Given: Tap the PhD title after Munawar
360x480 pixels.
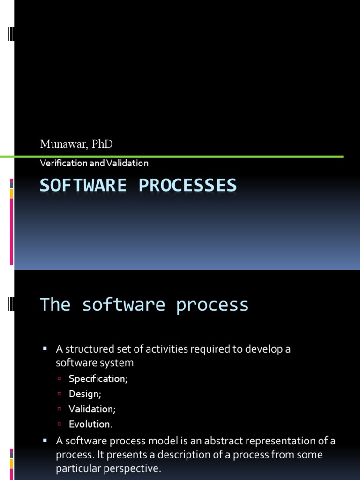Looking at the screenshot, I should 102,144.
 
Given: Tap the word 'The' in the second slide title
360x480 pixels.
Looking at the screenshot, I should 55,305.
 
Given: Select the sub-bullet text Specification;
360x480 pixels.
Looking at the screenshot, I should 98,379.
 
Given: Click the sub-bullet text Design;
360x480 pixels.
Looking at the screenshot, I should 85,394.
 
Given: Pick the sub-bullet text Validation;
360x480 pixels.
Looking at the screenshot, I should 92,409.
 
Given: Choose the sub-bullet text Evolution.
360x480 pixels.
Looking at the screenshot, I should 90,424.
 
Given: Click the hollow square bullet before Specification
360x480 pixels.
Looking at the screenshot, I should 60,379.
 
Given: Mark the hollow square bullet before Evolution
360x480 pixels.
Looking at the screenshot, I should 60,424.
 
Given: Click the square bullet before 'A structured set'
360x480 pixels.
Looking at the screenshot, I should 45,349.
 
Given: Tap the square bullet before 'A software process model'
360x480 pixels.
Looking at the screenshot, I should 45,441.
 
